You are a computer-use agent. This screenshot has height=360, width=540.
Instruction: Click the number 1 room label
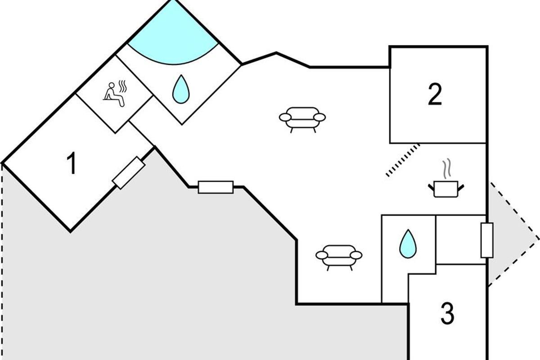pyautogui.click(x=71, y=164)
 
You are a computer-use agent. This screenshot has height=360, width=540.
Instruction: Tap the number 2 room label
pyautogui.click(x=435, y=95)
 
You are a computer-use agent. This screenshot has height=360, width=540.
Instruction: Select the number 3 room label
pyautogui.click(x=447, y=314)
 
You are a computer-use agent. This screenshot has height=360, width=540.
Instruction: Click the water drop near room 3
pyautogui.click(x=408, y=244)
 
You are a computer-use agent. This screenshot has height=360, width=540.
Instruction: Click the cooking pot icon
pyautogui.click(x=445, y=188)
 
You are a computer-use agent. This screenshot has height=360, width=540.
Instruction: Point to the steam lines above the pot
pyautogui.click(x=446, y=169)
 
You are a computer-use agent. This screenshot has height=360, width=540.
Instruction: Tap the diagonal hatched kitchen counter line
pyautogui.click(x=403, y=160)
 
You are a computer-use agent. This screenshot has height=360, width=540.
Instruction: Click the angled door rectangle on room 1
pyautogui.click(x=129, y=173)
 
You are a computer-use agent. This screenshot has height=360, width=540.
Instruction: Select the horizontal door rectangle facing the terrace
pyautogui.click(x=216, y=187)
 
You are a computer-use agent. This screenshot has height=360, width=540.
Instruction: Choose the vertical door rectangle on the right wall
pyautogui.click(x=487, y=240)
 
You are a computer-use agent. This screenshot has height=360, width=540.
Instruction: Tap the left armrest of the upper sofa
pyautogui.click(x=285, y=117)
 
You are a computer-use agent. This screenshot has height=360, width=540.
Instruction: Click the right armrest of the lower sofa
pyautogui.click(x=356, y=255)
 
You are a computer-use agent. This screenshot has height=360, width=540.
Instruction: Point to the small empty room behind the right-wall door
pyautogui.click(x=460, y=239)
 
